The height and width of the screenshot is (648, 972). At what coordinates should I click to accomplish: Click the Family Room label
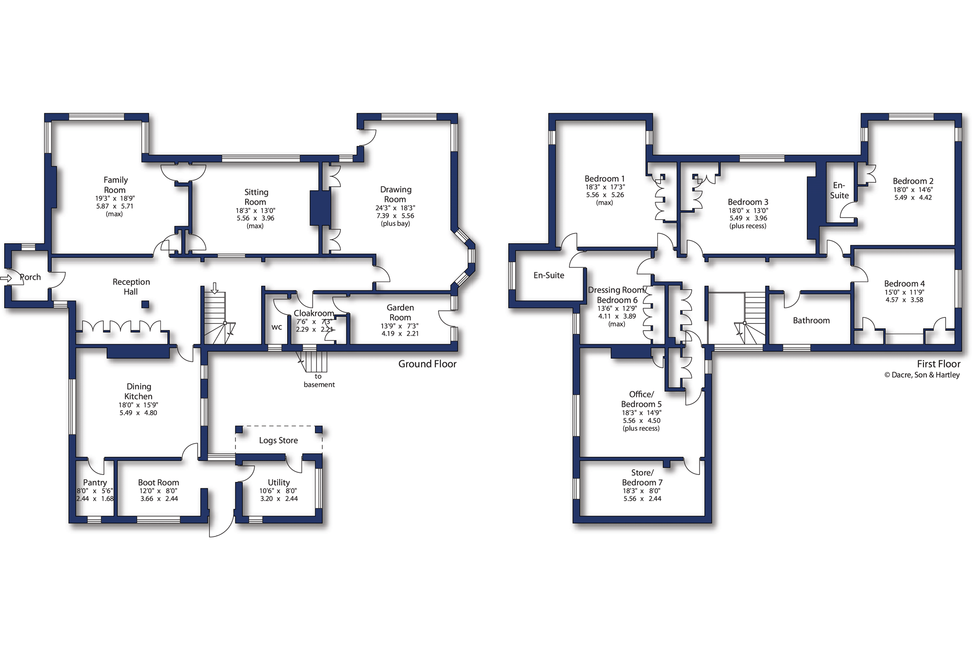pos(115,185)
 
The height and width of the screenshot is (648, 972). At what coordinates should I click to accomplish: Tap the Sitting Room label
pos(256,197)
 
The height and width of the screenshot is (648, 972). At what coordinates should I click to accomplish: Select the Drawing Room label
pos(395,194)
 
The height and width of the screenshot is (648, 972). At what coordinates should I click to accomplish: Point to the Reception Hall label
pos(131,287)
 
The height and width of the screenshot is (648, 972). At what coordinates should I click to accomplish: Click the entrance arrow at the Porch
pos(6,278)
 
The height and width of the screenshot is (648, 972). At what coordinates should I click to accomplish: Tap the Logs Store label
pos(278,440)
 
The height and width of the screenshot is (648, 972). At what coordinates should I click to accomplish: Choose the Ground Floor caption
pos(427,364)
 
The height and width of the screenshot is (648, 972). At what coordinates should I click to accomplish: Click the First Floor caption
pos(939,364)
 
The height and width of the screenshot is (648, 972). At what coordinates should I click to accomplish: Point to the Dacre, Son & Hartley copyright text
pos(922,375)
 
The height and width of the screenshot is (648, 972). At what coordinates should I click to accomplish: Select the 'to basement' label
pos(319,380)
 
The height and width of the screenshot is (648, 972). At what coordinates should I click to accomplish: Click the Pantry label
pos(95,482)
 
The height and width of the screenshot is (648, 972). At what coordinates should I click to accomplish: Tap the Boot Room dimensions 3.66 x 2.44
pos(159,499)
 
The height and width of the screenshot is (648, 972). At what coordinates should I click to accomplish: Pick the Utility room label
pos(279,482)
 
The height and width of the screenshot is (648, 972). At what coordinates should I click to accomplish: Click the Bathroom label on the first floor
pos(811,321)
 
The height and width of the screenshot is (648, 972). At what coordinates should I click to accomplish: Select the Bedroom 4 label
pos(904,284)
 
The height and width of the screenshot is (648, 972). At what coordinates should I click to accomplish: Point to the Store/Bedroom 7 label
pos(642,477)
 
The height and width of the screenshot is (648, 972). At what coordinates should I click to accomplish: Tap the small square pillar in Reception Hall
pos(145,305)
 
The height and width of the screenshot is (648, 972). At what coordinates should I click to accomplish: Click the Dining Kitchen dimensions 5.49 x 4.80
pos(138,413)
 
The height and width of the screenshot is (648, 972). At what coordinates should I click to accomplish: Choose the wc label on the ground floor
pos(277,327)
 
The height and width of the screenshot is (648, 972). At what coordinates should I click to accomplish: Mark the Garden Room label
pos(401,313)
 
